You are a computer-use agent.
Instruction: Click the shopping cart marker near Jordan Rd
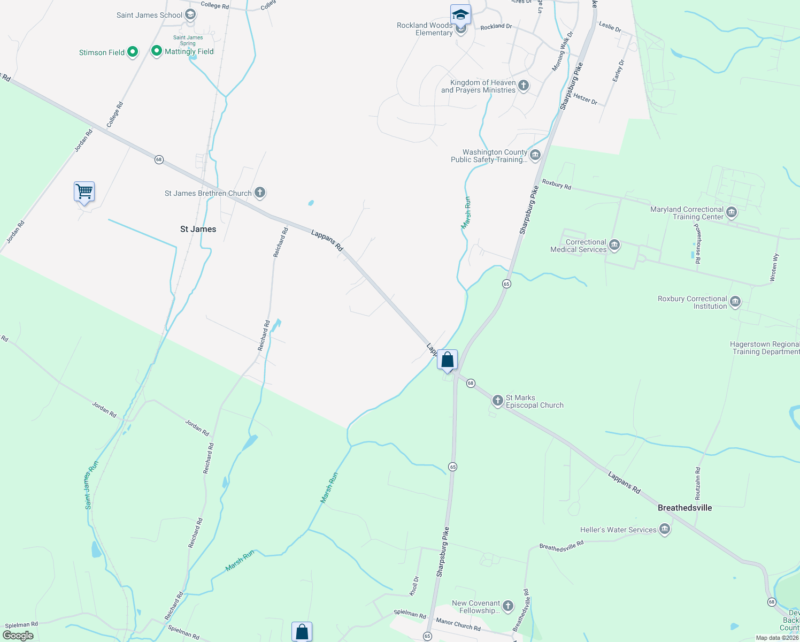click(84, 192)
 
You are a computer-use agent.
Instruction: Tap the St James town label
click(198, 229)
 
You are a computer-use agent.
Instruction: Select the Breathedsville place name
click(684, 508)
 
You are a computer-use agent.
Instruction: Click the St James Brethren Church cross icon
click(260, 193)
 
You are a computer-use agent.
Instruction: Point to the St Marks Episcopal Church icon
click(498, 401)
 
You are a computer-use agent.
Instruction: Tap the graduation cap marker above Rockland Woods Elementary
click(460, 14)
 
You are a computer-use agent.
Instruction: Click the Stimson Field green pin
click(133, 52)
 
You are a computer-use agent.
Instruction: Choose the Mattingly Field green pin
click(157, 51)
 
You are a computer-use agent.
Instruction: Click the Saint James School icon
click(190, 15)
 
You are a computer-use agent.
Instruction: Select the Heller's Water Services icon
click(665, 530)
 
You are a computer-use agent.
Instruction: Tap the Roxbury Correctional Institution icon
click(735, 302)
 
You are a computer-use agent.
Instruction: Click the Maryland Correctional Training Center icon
click(732, 212)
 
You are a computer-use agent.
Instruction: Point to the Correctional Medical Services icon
click(614, 246)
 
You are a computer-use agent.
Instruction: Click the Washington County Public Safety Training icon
click(535, 155)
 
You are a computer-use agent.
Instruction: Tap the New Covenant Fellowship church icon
click(508, 606)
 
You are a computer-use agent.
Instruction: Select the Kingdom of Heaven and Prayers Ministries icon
click(524, 86)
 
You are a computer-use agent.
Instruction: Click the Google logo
click(18, 636)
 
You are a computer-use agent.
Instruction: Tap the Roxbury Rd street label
click(556, 185)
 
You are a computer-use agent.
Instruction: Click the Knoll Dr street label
click(414, 586)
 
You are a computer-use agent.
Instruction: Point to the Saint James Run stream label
click(92, 485)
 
